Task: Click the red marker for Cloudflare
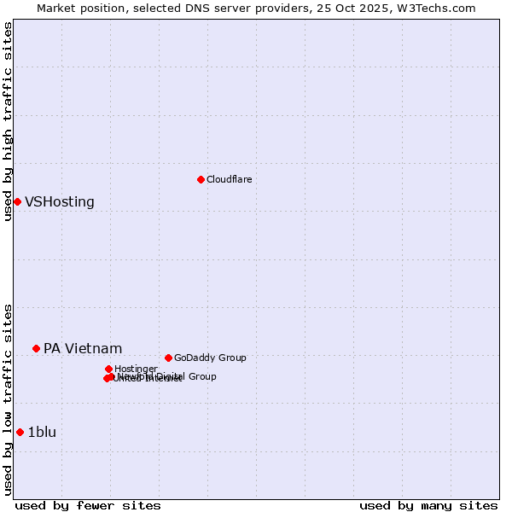(x=201, y=179)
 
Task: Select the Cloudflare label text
(x=229, y=179)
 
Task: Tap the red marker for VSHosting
(x=17, y=201)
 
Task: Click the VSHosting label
(x=60, y=202)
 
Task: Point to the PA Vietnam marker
(x=36, y=348)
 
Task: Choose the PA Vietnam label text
(x=83, y=349)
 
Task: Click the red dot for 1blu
(x=20, y=432)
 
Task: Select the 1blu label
(x=42, y=433)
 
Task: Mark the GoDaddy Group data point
(x=168, y=358)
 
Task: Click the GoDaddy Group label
(x=210, y=358)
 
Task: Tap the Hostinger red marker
(x=108, y=369)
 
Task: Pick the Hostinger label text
(x=136, y=369)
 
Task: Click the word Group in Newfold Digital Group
(x=201, y=376)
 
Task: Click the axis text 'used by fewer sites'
(x=88, y=505)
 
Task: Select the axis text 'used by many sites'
(x=428, y=505)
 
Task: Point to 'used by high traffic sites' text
(x=9, y=121)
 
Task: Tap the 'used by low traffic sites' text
(x=9, y=399)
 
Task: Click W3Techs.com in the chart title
(x=445, y=8)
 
